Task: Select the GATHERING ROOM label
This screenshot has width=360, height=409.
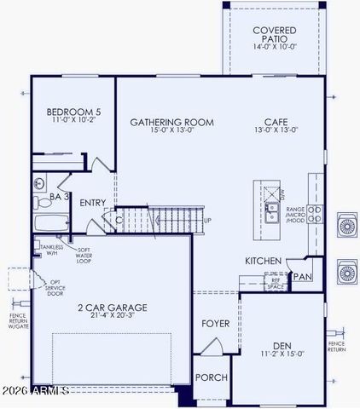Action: [171, 122]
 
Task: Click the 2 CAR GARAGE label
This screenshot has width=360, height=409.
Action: [113, 307]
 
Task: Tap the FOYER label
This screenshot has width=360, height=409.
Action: [215, 324]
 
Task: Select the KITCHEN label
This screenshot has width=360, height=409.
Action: [264, 261]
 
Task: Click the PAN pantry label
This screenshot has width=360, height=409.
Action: [304, 276]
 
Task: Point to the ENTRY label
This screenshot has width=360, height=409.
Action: [93, 203]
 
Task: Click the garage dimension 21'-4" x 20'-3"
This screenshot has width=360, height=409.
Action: [113, 316]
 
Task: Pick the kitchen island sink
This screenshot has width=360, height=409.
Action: [271, 211]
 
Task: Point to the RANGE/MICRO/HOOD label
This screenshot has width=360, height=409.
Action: [295, 214]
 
